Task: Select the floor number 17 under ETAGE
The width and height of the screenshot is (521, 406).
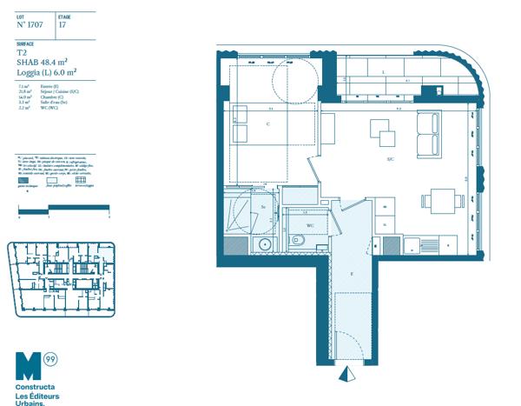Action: coord(62,25)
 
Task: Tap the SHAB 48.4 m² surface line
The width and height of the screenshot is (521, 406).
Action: coord(43,63)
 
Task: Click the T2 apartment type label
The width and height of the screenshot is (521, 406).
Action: coord(22,53)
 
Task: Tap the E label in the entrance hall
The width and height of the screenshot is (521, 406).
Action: coord(351,273)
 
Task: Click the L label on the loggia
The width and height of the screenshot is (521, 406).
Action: coord(383,71)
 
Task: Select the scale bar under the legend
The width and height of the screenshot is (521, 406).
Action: coord(63,207)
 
